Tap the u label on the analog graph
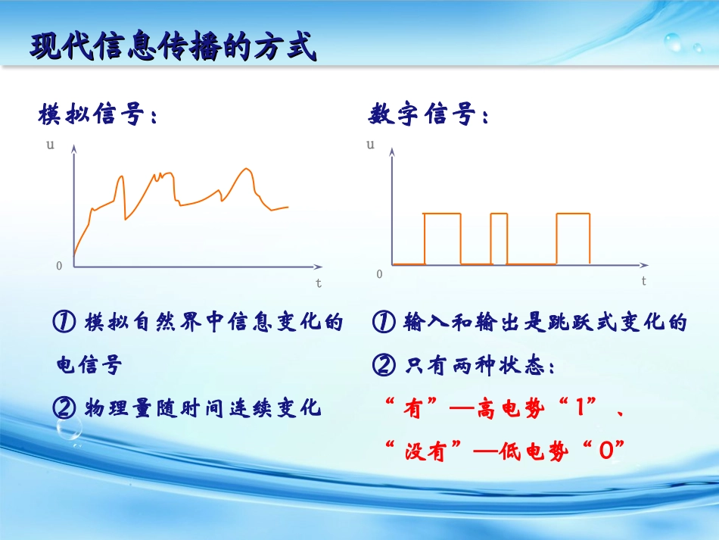50,145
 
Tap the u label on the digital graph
371,144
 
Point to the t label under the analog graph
319,283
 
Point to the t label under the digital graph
644,281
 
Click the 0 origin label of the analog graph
59,266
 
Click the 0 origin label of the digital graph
380,273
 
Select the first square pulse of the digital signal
442,238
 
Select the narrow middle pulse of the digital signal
499,238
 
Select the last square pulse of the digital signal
573,238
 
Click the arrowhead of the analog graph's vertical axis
73,149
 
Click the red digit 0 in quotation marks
604,452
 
